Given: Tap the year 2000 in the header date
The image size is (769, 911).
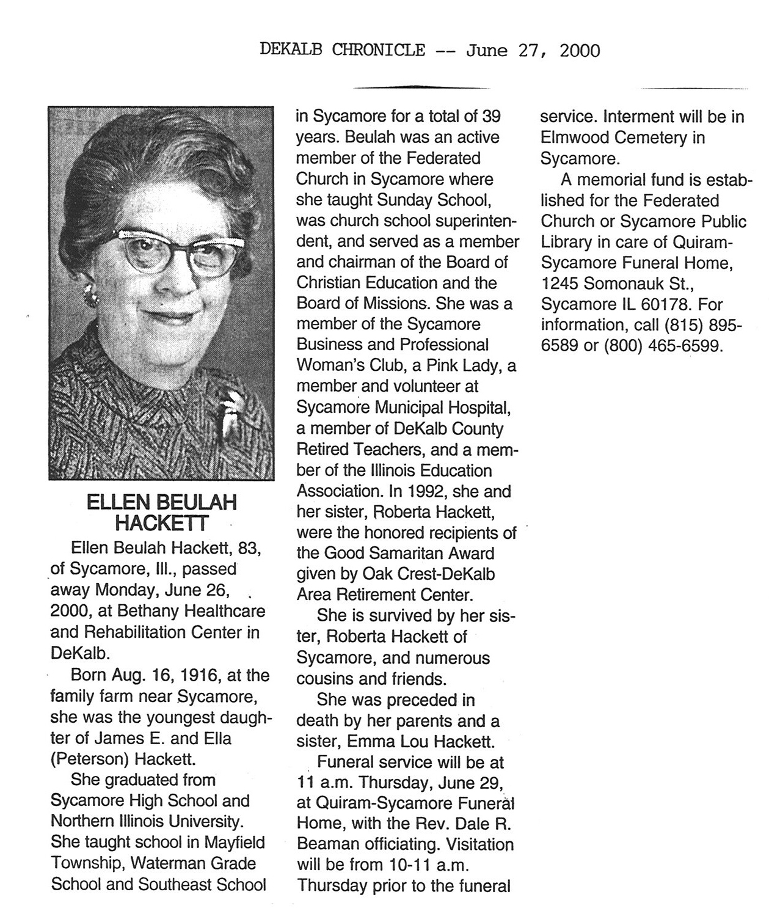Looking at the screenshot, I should (x=580, y=50).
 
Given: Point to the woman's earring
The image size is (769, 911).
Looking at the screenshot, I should (x=92, y=295).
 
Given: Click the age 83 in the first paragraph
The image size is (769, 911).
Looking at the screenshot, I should (x=250, y=548).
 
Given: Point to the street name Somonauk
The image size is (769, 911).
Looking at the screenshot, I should (x=628, y=284).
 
